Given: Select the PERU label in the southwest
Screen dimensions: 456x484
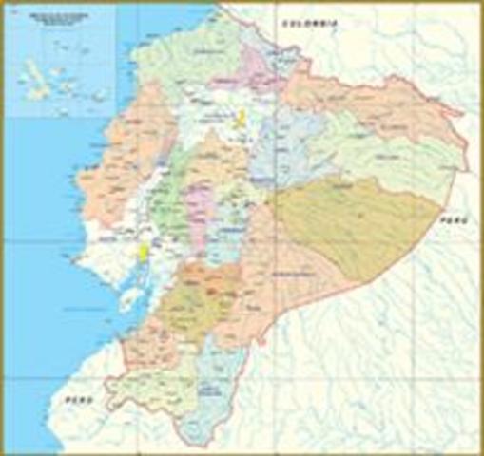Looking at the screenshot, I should coord(77,404).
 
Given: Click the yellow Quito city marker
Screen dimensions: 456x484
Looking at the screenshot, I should coord(242,118).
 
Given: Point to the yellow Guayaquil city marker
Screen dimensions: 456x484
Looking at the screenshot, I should coord(144,252).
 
